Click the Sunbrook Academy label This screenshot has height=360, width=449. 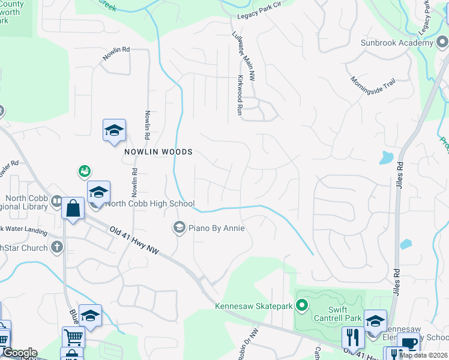click(397, 43)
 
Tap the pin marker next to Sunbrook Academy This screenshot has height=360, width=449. click(442, 42)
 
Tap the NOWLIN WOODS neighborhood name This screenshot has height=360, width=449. click(158, 152)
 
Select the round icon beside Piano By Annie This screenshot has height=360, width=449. click(179, 227)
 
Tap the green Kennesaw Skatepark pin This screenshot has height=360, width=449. click(303, 306)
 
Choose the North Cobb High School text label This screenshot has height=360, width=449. click(150, 203)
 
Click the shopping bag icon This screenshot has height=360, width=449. click(73, 209)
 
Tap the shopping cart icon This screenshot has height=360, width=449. click(73, 337)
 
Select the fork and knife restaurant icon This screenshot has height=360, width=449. click(352, 337)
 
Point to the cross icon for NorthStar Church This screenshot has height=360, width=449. click(56, 246)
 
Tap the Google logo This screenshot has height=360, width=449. click(19, 353)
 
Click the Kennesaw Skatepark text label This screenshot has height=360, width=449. click(254, 306)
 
